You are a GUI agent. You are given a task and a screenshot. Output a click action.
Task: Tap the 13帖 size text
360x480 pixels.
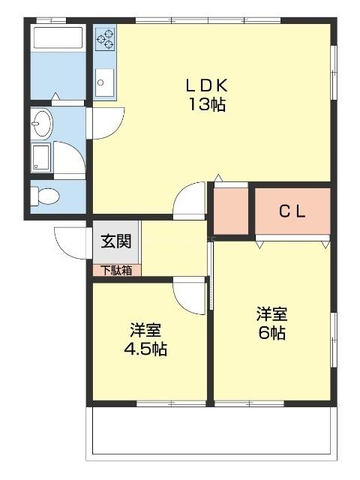(x=206, y=104)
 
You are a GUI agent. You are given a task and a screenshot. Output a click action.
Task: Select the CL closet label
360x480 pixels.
(x=292, y=211)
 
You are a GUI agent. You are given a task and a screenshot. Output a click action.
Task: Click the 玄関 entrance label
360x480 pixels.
(x=116, y=241)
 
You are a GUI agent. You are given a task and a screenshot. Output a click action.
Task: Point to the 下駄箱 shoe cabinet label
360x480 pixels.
(x=116, y=270)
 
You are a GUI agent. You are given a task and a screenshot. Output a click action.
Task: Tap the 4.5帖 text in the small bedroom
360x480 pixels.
(x=145, y=349)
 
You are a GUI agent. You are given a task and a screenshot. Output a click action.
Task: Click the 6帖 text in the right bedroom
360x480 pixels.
(x=271, y=332)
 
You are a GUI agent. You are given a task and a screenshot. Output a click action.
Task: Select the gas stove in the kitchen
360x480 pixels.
(x=104, y=38)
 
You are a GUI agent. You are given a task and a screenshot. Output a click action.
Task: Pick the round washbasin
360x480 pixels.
(x=40, y=121)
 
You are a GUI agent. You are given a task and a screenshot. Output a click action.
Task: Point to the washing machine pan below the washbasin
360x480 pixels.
(x=40, y=157)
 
